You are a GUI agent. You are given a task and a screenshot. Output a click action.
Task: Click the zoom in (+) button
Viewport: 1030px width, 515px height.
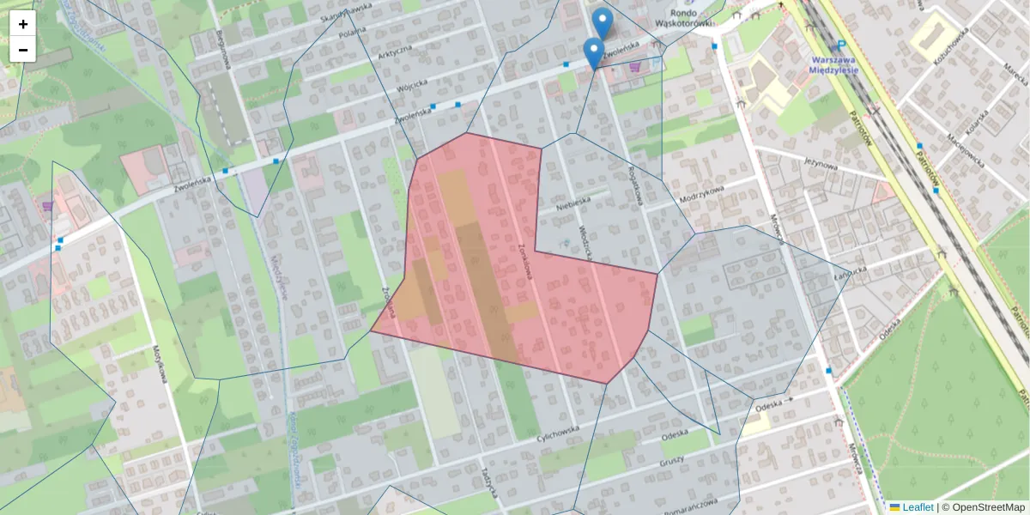[23, 24]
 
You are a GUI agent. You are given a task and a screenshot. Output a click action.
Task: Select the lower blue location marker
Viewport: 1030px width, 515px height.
[593, 52]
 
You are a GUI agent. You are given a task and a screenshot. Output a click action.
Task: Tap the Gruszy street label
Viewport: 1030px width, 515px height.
[671, 461]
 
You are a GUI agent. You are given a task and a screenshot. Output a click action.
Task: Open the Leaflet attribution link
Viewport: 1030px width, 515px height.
[918, 507]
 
